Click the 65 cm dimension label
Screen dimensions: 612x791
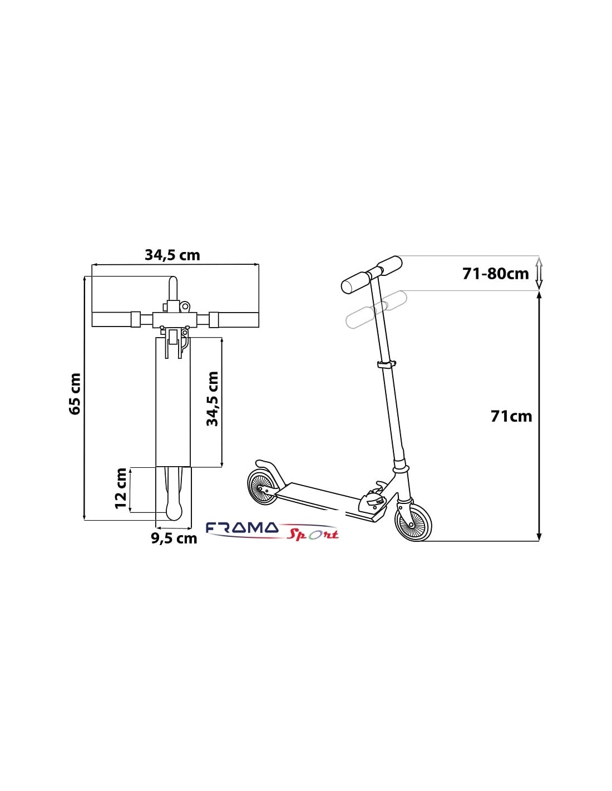75,394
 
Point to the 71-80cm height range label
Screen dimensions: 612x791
496,273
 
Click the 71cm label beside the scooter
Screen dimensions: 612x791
511,416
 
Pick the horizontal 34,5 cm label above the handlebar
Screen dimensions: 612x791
172,255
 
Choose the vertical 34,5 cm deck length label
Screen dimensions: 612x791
213,399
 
